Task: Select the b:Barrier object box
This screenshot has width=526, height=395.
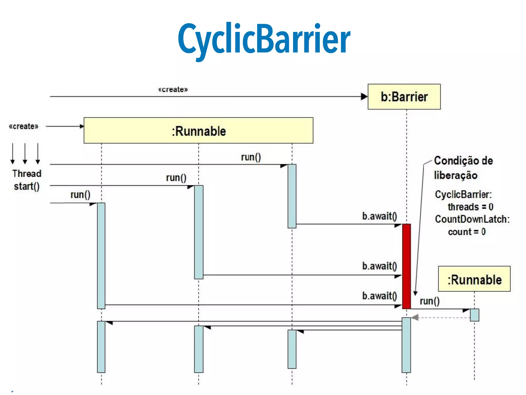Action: point(404,97)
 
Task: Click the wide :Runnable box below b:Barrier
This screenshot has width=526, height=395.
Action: point(198,131)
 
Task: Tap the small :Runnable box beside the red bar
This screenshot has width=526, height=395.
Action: point(474,279)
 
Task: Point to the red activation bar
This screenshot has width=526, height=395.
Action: point(406,266)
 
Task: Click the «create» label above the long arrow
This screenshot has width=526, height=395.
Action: point(173,89)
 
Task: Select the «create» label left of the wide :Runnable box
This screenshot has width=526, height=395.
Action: point(23,126)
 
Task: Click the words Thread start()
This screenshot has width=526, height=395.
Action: point(27,180)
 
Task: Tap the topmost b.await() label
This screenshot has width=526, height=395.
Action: point(379,216)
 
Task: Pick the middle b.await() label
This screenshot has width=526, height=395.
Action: point(379,266)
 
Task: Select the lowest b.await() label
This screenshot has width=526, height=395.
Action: point(379,296)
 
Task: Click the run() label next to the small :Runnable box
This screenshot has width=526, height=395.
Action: point(429,301)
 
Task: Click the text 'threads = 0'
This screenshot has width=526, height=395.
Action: point(470,207)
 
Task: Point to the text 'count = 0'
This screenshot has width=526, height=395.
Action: point(467,232)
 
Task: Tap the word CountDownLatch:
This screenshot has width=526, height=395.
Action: point(472,219)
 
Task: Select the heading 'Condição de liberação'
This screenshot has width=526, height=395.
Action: point(463,168)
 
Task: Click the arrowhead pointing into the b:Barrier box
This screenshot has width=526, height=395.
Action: point(364,97)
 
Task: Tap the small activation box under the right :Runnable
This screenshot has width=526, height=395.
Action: point(474,315)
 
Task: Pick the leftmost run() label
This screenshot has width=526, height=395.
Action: point(80,195)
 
